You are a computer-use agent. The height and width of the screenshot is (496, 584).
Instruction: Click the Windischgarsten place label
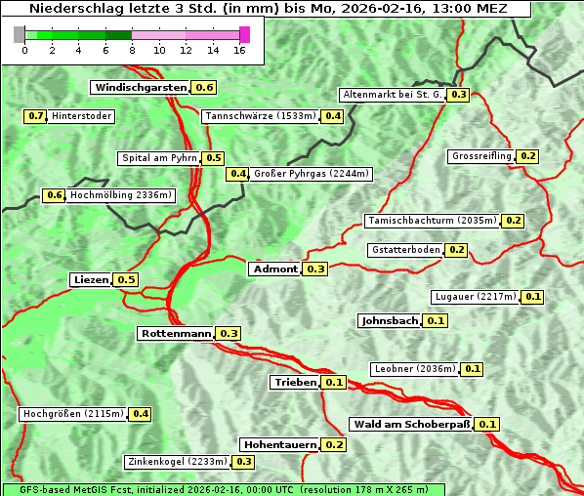[x=141, y=88]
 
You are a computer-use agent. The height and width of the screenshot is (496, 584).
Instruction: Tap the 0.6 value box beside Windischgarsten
[x=204, y=88]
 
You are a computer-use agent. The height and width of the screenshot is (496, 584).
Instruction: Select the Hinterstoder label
[x=82, y=116]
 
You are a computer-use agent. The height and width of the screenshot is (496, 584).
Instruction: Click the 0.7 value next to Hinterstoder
[x=35, y=116]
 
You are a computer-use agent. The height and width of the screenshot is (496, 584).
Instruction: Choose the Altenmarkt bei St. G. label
[x=392, y=95]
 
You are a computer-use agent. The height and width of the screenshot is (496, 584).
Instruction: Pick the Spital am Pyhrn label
[x=158, y=158]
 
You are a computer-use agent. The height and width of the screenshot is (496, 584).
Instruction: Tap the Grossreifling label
[x=481, y=156]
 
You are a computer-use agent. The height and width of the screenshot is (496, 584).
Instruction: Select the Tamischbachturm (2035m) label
[x=431, y=221]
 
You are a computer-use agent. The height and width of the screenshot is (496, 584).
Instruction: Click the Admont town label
[x=275, y=269]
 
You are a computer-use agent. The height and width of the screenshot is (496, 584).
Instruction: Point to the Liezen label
[x=91, y=280]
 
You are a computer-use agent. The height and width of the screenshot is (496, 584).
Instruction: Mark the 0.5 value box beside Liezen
[x=126, y=280]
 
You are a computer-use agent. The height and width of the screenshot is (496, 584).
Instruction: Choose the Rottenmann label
[x=176, y=334]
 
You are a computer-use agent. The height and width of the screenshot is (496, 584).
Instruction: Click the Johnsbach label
[x=390, y=320]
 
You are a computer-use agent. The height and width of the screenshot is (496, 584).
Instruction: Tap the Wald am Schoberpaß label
[x=410, y=425]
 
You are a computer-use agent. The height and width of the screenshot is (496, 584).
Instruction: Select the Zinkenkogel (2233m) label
[x=177, y=462]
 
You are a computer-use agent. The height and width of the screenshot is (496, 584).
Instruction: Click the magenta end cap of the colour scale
[x=244, y=34]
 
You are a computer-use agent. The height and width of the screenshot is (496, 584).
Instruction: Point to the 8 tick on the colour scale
[x=132, y=49]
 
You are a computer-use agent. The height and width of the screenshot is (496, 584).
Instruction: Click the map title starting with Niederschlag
[x=266, y=9]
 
